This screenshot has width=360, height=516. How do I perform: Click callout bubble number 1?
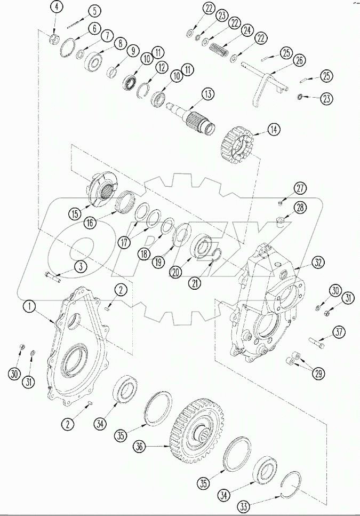(x=29, y=306)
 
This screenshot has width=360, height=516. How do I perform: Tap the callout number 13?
(x=207, y=94)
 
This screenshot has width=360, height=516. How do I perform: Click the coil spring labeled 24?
(x=219, y=52)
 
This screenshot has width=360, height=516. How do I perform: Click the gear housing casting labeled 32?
(x=263, y=304)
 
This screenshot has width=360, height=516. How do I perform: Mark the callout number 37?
(x=339, y=332)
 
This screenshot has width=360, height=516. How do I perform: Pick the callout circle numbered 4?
(x=57, y=8)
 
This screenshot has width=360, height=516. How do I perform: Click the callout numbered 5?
(x=94, y=11)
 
